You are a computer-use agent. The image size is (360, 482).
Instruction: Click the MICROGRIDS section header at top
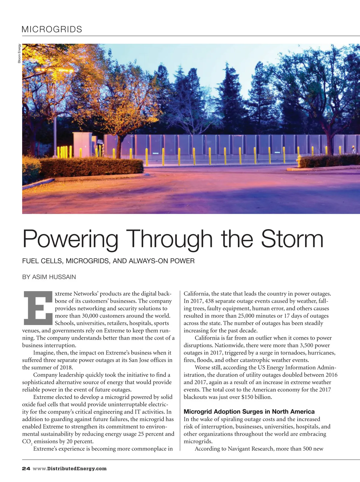[x=52, y=29]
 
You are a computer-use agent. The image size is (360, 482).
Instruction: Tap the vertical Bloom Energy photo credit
[x=19, y=54]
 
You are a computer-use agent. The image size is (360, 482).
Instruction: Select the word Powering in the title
[x=70, y=239]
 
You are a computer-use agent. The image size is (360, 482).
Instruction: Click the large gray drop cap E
[x=38, y=308]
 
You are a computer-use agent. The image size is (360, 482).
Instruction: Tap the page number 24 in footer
[x=26, y=469]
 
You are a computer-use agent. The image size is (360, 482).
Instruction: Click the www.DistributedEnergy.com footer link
[x=70, y=469]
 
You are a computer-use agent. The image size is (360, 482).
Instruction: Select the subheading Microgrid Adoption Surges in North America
[x=249, y=412]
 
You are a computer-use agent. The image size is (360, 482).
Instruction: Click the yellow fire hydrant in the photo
[x=298, y=161]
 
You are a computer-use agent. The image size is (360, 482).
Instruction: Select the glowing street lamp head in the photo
[x=54, y=70]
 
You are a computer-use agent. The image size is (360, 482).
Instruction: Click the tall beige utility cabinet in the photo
[x=82, y=144]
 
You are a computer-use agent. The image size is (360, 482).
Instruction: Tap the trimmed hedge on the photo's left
[x=90, y=167]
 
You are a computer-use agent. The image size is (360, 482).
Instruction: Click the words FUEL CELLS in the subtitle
[x=42, y=261]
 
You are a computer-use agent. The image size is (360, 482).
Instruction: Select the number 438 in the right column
[x=210, y=301]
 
